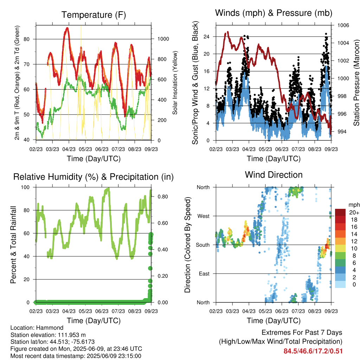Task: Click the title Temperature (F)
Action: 94,15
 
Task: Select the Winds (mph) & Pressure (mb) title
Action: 274,13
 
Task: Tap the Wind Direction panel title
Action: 274,175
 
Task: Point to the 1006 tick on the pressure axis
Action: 343,25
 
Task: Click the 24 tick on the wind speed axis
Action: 207,37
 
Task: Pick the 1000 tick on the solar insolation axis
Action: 163,39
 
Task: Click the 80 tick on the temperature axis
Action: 27,39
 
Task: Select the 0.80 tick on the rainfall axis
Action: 163,197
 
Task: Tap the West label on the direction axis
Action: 204,216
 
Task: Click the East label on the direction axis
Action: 204,274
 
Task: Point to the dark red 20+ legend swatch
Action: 340,212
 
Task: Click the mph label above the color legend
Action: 354,205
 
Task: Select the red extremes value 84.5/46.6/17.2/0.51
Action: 313,351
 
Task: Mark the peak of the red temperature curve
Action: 67,28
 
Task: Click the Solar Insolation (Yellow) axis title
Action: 175,83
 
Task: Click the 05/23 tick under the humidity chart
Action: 85,311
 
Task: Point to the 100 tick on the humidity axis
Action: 25,187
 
